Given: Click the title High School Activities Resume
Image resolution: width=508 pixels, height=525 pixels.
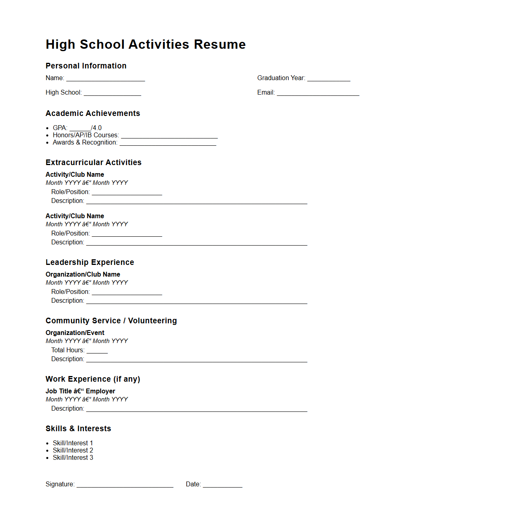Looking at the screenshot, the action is (x=146, y=44).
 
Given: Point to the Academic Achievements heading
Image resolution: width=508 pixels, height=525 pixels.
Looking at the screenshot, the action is (x=93, y=114).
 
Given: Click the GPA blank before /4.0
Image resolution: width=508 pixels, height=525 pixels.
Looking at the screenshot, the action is (x=80, y=128).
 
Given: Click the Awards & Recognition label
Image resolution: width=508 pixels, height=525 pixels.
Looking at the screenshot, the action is (x=85, y=143).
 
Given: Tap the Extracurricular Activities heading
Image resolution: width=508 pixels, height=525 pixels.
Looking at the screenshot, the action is (x=94, y=163).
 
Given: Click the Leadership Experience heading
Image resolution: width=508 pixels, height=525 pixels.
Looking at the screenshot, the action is (x=90, y=262).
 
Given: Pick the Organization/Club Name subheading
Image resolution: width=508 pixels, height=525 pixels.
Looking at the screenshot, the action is (x=83, y=275).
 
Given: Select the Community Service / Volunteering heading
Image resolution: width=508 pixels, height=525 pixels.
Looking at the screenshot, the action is (x=111, y=321).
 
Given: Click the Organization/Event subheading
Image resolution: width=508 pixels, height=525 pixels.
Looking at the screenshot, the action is (x=75, y=333).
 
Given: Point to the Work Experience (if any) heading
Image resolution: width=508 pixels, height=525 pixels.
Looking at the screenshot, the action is (x=93, y=379).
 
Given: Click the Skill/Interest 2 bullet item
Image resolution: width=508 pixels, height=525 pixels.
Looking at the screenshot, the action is (x=73, y=451).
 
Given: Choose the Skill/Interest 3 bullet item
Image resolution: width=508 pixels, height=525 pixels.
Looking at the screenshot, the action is (x=73, y=458).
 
